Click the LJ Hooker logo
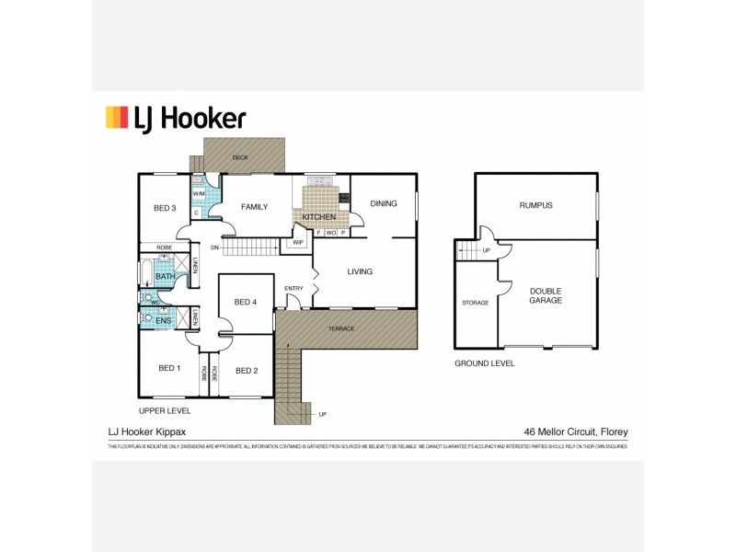pos(176,118)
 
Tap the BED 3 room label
pos(165,208)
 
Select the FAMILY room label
pos(254,207)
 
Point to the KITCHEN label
pos(318,217)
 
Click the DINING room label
pos(384,203)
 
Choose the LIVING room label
pos(360,271)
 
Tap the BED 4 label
pos(246,302)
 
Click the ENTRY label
pos(293,289)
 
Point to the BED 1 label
pos(169,368)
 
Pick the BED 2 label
pos(246,371)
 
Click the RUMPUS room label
pos(535,205)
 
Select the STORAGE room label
pos(476,302)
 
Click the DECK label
pos(240,158)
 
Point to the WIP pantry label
pos(298,242)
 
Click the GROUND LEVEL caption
pos(485,363)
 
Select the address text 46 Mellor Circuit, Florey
pos(575,431)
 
